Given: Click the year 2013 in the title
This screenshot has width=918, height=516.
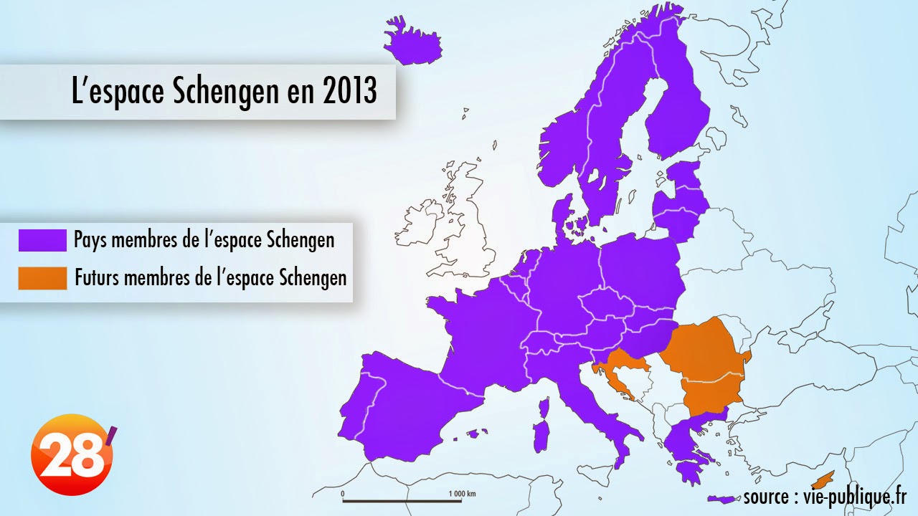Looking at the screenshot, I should pyautogui.click(x=349, y=92).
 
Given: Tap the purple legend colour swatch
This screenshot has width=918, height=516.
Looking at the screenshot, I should pyautogui.click(x=42, y=241).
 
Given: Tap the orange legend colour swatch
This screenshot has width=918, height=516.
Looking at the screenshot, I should pyautogui.click(x=42, y=278).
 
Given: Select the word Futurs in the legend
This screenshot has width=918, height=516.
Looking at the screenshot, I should pyautogui.click(x=97, y=278).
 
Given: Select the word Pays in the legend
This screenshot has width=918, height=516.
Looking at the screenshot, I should pyautogui.click(x=90, y=240).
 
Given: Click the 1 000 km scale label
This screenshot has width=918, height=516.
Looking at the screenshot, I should pyautogui.click(x=462, y=494).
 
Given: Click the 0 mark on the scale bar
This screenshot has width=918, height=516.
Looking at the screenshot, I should pyautogui.click(x=343, y=494).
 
